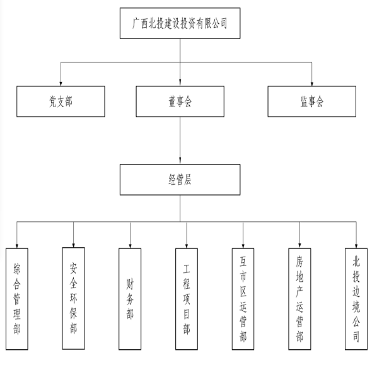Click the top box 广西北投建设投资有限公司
coord(180,23)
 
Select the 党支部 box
coord(61,101)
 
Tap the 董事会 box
coord(180,101)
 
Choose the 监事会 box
coord(312,101)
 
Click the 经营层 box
coord(180,180)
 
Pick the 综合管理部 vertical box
coord(17,299)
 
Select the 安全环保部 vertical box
coord(73,298)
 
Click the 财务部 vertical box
coord(130,299)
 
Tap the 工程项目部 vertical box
coord(187,299)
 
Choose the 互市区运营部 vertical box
coord(243,299)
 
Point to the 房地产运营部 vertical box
coord(299,299)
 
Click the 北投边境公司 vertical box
coord(356,299)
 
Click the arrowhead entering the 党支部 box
coord(61,83)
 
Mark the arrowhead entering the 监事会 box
coord(312,83)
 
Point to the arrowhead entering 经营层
coord(180,161)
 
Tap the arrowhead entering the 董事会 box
coord(180,83)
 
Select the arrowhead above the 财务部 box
coord(130,245)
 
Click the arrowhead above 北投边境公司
coord(356,245)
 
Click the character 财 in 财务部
coord(130,284)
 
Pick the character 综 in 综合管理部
coord(17,269)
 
